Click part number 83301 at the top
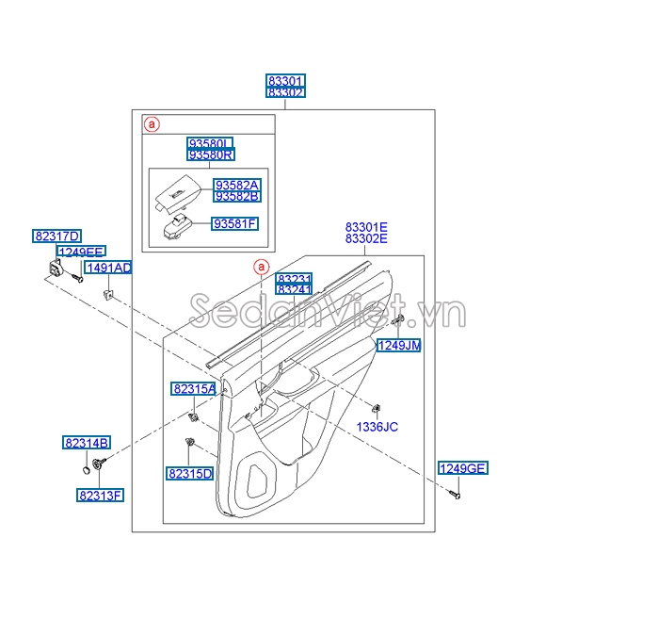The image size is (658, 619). click(285, 80)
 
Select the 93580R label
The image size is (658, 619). click(211, 155)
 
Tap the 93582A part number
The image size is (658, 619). click(237, 186)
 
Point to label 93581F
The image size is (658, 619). click(234, 223)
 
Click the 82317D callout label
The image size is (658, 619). click(57, 236)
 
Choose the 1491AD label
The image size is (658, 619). click(108, 268)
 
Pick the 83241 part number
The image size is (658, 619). click(294, 289)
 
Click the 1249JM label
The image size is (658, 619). click(399, 345)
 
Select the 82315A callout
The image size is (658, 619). click(194, 389)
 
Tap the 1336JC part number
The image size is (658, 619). click(377, 427)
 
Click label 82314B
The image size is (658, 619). click(87, 443)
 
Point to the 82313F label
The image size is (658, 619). click(101, 496)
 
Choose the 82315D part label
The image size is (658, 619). click(190, 474)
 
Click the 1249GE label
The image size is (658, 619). click(463, 468)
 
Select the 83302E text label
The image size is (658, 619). click(366, 238)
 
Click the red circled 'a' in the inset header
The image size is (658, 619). click(152, 124)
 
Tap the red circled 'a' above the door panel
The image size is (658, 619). click(262, 267)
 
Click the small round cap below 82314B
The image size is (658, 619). click(86, 469)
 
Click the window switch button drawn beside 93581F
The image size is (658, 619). click(176, 227)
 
